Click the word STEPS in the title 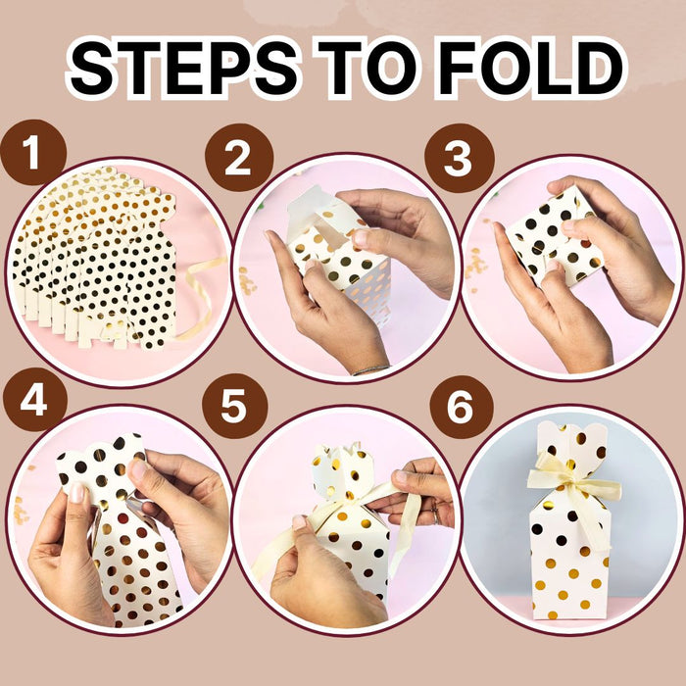183,69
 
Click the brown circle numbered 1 32,152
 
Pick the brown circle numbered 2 239,158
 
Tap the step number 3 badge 459,158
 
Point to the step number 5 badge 234,406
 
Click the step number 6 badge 462,407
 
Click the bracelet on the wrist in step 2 371,369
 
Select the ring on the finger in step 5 435,516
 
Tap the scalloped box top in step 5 343,470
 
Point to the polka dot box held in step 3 554,236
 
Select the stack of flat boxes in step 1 94,258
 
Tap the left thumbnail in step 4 76,493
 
